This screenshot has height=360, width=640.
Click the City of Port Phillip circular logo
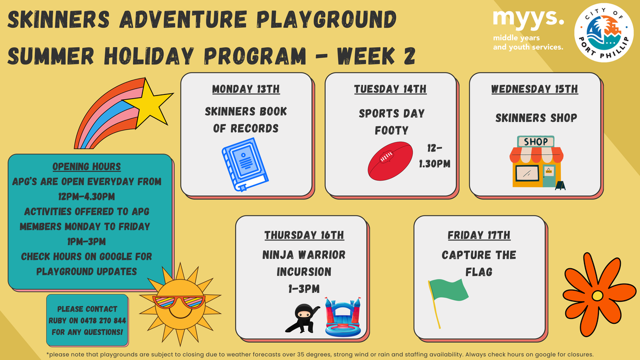[x=604, y=33]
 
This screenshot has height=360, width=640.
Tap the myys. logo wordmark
[x=529, y=19]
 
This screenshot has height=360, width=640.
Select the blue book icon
[x=245, y=164]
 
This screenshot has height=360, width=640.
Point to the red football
[x=390, y=161]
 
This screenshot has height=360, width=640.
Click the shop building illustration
[x=537, y=163]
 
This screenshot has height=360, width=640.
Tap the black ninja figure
[x=302, y=318]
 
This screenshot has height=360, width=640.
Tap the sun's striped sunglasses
[x=179, y=302]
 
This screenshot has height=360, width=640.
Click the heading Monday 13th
[x=246, y=89]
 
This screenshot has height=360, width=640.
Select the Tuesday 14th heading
[x=390, y=89]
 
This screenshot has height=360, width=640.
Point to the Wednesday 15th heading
[x=534, y=89]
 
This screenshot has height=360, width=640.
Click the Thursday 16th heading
[x=304, y=235]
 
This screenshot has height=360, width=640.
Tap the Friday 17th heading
[x=479, y=235]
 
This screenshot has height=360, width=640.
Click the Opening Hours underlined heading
[x=86, y=166]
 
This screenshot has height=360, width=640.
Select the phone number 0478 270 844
[x=103, y=321]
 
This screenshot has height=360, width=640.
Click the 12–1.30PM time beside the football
[x=435, y=156]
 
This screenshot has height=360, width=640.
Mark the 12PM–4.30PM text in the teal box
[x=86, y=197]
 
